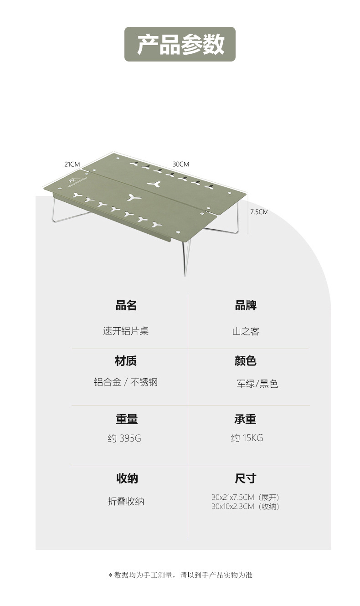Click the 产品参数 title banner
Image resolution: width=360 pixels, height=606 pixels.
pos(180,44)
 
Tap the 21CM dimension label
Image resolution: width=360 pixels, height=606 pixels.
pos(72,164)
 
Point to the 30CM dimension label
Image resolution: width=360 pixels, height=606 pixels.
pos(180,164)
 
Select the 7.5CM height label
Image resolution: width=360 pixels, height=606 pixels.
pos(258,211)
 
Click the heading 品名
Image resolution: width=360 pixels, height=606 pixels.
pos(126,305)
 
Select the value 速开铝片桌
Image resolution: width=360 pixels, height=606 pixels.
pos(126,331)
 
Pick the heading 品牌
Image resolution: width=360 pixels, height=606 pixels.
pos(246,305)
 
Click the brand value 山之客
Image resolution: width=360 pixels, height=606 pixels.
pos(246,332)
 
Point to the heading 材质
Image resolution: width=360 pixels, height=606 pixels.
pos(126,361)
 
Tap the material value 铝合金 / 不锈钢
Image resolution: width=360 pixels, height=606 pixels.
pos(126,382)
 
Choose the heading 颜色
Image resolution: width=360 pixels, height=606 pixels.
pos(246,361)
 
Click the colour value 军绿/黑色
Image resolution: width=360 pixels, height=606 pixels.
pos(257,384)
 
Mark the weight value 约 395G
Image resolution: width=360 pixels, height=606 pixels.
pos(124,438)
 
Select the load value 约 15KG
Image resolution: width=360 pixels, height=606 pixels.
pos(247,438)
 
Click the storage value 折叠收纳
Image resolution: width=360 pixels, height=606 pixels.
pos(126,501)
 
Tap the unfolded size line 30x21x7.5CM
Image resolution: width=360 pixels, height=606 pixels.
pos(245,497)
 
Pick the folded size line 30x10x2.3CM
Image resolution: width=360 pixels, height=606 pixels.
pos(245,506)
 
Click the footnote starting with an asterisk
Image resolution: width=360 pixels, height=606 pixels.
pos(180,575)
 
